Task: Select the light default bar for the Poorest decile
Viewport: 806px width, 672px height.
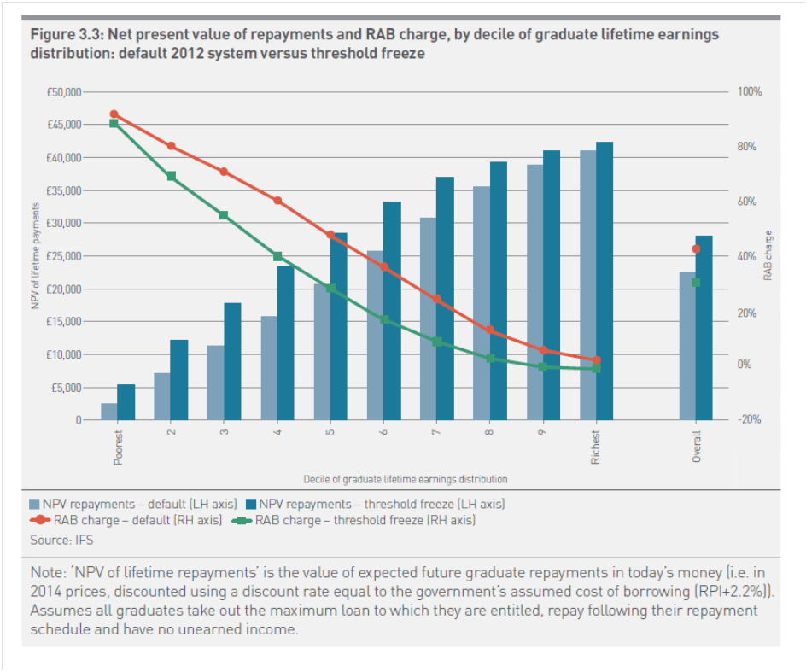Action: tap(109, 412)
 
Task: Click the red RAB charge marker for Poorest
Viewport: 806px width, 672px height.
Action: tap(114, 114)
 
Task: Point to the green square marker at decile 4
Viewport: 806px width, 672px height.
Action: tap(277, 256)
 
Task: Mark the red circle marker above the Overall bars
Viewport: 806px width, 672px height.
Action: tap(696, 249)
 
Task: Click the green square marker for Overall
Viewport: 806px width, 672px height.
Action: tap(696, 283)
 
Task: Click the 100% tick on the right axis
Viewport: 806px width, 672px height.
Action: tap(750, 91)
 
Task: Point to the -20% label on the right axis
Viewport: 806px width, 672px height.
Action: tap(750, 419)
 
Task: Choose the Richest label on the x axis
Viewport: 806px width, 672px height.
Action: tap(596, 447)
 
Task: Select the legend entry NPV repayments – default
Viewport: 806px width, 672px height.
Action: tap(132, 504)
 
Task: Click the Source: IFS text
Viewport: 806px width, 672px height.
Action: tap(61, 540)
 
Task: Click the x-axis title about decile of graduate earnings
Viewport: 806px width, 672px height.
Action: tap(406, 479)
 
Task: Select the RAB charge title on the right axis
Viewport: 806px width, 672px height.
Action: tap(768, 256)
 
